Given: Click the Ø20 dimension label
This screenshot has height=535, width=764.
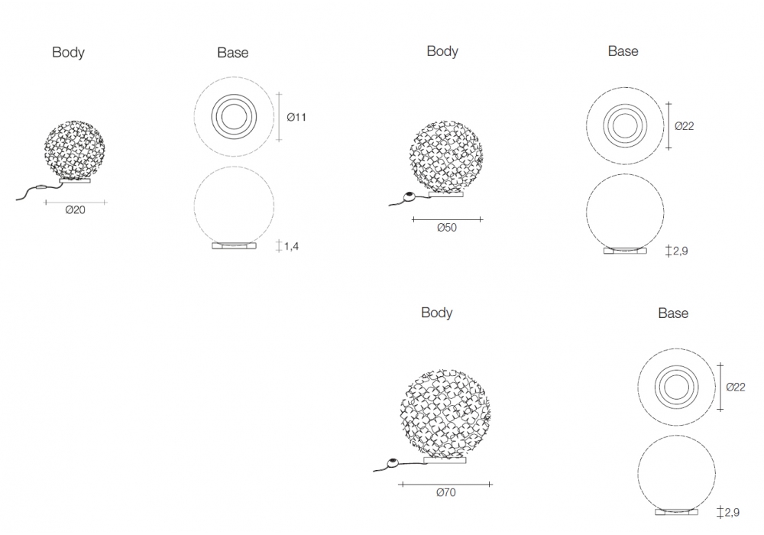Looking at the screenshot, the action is click(x=75, y=210).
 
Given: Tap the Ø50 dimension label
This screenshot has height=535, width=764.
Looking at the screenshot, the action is click(x=447, y=228).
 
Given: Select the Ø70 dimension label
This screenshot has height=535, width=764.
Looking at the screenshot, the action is click(x=446, y=493).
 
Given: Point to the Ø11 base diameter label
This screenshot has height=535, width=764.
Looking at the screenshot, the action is click(x=296, y=117).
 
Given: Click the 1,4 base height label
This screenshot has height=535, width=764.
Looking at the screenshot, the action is click(x=291, y=246).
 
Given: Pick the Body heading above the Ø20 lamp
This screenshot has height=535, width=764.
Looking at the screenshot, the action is click(x=68, y=53).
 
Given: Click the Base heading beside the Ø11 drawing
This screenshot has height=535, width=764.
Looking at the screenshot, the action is click(x=233, y=53).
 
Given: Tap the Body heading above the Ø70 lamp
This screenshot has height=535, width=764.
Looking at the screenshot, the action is click(x=436, y=313).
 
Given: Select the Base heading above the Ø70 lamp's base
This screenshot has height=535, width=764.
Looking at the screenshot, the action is click(x=673, y=313).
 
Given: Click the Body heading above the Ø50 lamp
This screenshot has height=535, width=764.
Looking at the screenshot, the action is click(x=442, y=51).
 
